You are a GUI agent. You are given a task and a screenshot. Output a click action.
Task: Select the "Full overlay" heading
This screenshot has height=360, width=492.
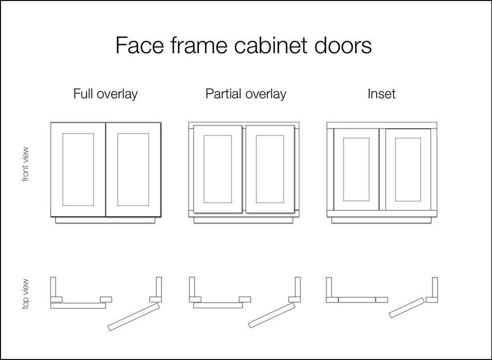105,94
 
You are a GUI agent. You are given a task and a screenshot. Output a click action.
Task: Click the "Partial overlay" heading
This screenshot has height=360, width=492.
245,94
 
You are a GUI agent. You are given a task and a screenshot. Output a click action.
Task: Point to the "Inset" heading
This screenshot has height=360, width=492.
381,94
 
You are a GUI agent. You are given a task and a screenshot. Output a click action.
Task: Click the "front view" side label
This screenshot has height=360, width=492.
26,164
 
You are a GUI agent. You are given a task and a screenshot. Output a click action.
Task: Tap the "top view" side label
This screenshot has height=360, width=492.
26,294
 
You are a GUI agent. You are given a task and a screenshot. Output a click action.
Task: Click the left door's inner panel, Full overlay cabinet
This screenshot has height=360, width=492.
78,170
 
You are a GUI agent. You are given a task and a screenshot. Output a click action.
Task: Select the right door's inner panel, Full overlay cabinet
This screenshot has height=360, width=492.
133,170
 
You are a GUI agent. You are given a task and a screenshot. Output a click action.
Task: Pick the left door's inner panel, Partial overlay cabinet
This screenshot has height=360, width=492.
217,169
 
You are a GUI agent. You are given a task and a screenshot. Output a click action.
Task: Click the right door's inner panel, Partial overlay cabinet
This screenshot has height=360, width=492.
270,169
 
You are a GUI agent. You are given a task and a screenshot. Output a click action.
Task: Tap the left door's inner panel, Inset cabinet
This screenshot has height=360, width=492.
356,169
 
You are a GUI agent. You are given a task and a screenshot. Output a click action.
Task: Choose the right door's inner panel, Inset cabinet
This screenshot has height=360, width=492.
408,169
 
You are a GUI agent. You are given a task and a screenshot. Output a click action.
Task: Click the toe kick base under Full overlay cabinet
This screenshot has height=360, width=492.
105,220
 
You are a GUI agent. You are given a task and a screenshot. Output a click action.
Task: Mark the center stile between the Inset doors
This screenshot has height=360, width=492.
382,170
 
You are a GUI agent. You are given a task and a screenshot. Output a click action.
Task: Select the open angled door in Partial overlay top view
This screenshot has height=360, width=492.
272,315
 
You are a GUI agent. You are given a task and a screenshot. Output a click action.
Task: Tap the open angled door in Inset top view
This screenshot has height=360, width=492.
406,308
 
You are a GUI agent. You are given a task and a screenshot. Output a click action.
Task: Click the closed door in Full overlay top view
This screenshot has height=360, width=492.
78,306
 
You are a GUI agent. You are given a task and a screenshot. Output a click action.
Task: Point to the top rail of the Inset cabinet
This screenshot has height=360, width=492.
381,125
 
